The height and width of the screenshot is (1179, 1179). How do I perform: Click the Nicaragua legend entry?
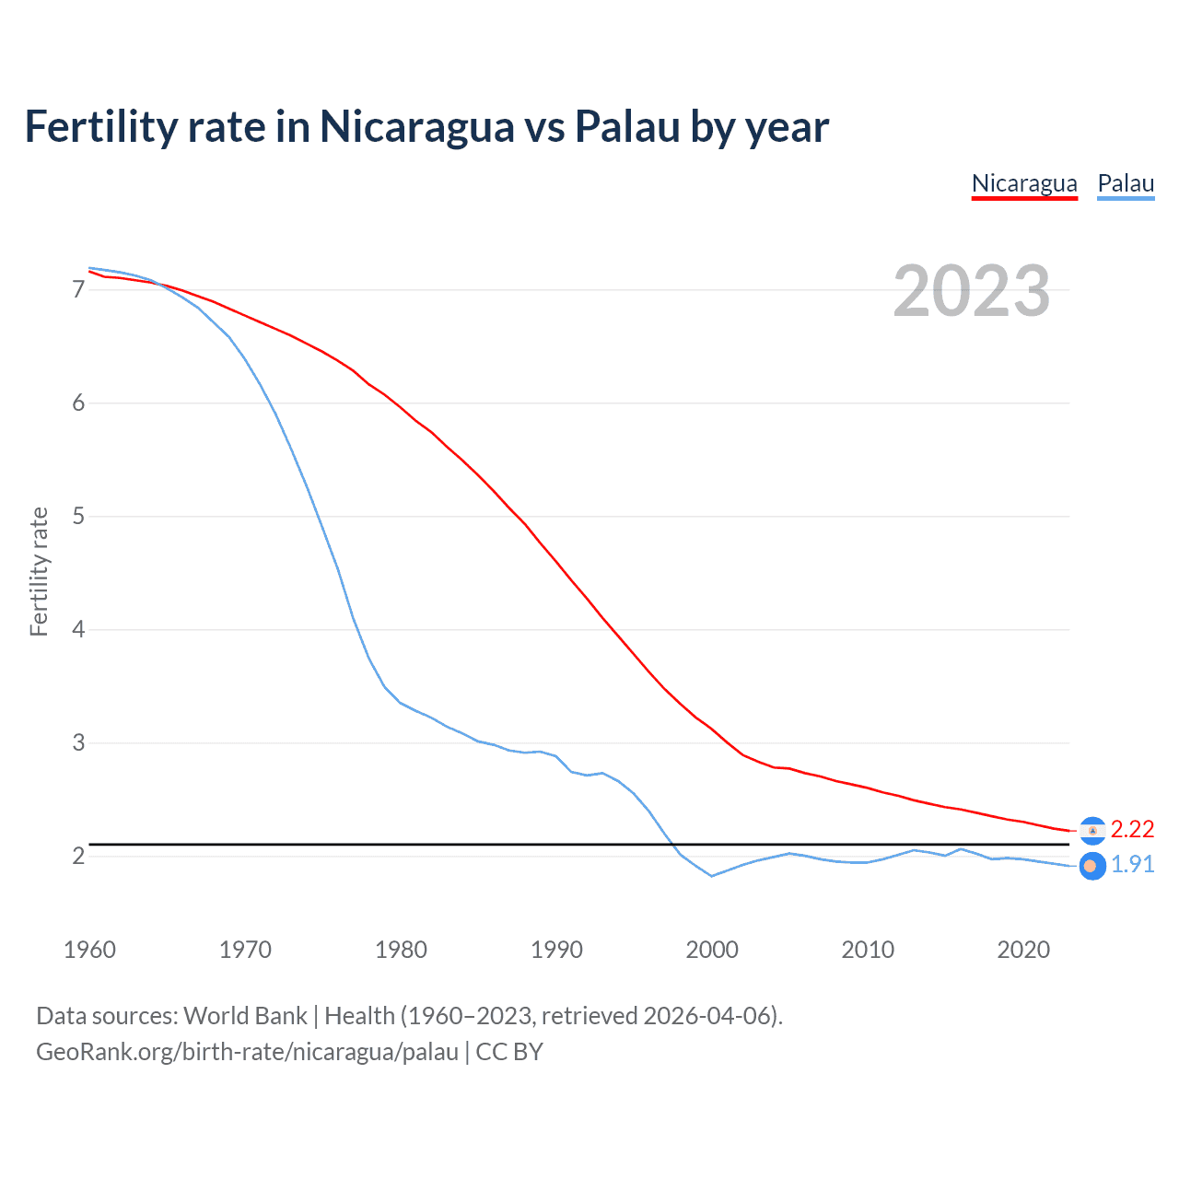pos(1024,183)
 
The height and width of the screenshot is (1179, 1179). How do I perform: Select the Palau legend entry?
pos(1126,183)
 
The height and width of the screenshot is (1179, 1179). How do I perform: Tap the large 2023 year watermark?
pos(972,291)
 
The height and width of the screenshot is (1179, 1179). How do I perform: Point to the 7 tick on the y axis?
pos(78,290)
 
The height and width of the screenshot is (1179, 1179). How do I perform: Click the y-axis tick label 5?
pos(78,517)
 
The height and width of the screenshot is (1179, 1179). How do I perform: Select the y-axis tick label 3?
pos(78,743)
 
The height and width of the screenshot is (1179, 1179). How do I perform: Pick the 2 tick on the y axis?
pos(78,857)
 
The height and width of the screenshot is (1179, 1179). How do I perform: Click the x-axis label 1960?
pos(89,950)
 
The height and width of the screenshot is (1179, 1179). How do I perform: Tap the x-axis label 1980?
pos(401,950)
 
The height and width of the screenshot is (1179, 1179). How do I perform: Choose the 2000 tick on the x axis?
pos(712,950)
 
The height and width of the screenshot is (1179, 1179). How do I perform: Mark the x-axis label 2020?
pos(1023,950)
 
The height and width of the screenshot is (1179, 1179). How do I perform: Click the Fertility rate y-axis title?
pos(39,571)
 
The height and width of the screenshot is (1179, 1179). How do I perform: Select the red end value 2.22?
pos(1132,830)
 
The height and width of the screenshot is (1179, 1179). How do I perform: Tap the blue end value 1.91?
pos(1132,865)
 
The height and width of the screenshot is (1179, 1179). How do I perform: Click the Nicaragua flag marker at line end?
pos(1092,831)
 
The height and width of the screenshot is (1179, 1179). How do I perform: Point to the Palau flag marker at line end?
pos(1091,866)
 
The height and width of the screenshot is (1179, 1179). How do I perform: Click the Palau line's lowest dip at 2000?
pos(712,876)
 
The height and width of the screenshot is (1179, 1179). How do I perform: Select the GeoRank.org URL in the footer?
pos(247,1052)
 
